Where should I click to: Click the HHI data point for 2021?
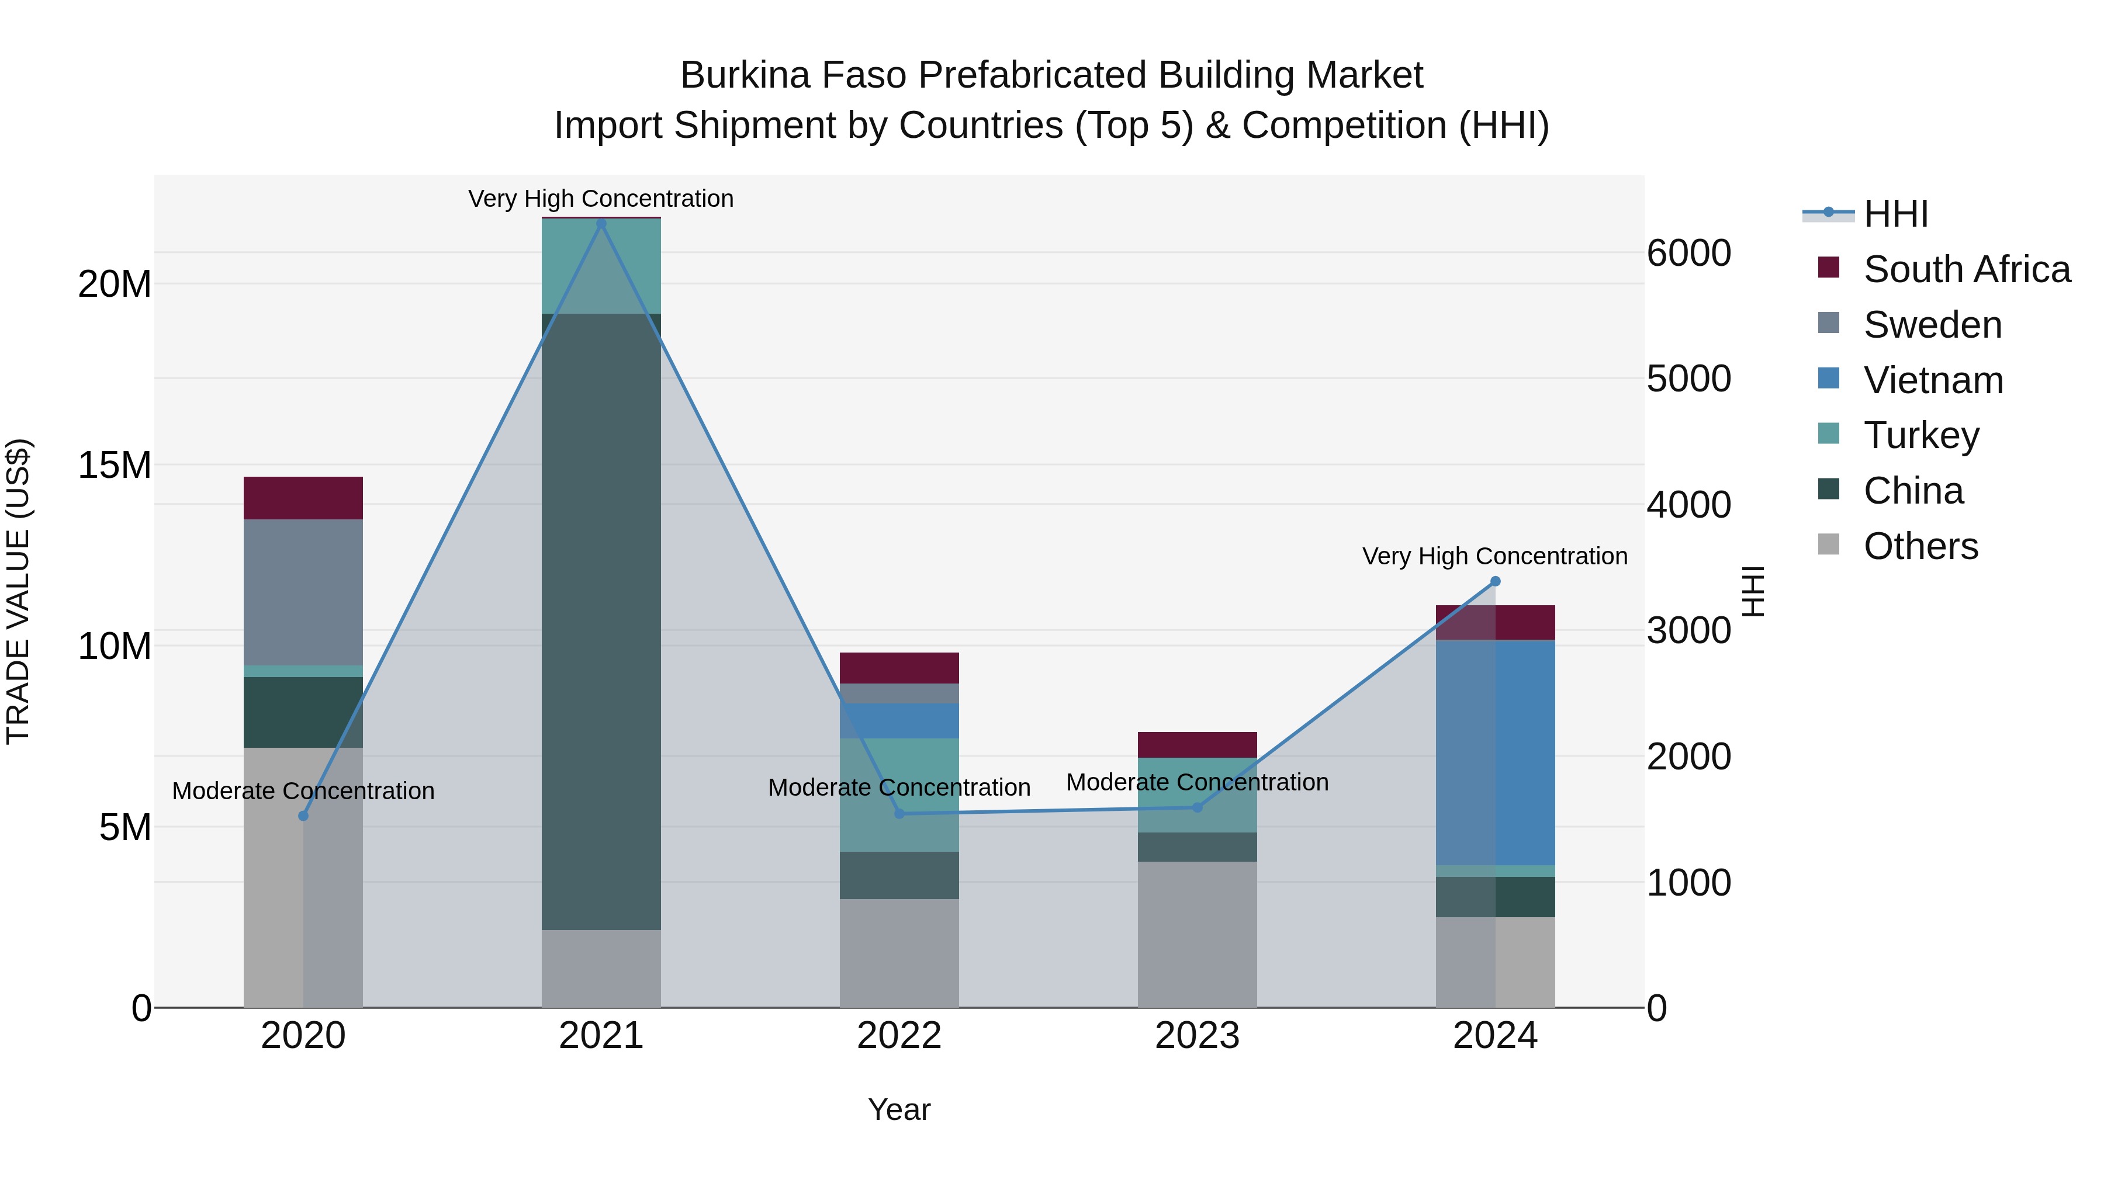point(601,223)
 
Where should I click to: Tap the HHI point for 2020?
point(303,816)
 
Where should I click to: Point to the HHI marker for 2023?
point(1198,807)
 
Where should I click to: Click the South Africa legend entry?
point(1966,269)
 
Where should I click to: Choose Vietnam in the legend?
point(1933,380)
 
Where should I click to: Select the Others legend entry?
point(1920,546)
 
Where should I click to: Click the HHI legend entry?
point(1895,214)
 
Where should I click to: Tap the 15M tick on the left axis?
point(115,466)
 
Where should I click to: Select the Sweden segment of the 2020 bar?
point(303,592)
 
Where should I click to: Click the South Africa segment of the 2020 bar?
point(303,498)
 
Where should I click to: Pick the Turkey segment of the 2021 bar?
point(601,266)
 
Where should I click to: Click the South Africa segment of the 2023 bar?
point(1198,745)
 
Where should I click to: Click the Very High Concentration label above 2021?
point(601,199)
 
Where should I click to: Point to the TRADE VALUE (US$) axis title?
point(18,591)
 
